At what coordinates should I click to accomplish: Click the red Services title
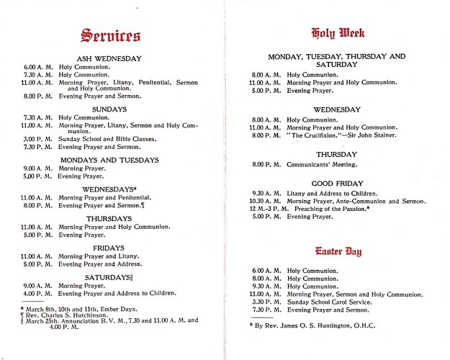pyautogui.click(x=110, y=35)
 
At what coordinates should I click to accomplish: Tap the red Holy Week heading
pyautogui.click(x=337, y=32)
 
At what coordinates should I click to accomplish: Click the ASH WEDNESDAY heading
pyautogui.click(x=109, y=58)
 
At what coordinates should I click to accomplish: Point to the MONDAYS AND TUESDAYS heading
pyautogui.click(x=109, y=160)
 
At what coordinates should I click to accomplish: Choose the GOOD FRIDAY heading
pyautogui.click(x=337, y=184)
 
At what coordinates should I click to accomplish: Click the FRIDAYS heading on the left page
pyautogui.click(x=109, y=246)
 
